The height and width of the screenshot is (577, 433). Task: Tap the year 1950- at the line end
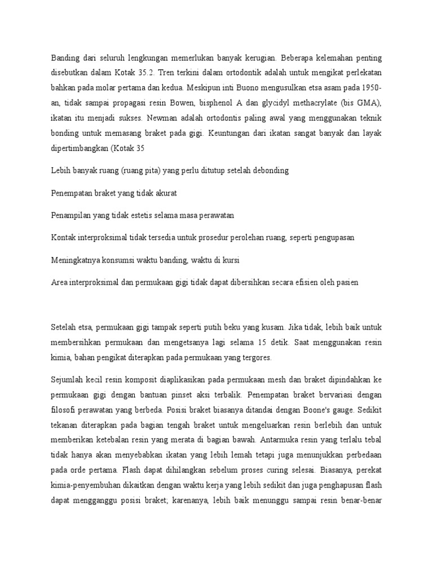368,88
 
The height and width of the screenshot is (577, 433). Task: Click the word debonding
268,171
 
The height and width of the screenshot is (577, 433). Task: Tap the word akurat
164,193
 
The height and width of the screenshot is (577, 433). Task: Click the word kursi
235,261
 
